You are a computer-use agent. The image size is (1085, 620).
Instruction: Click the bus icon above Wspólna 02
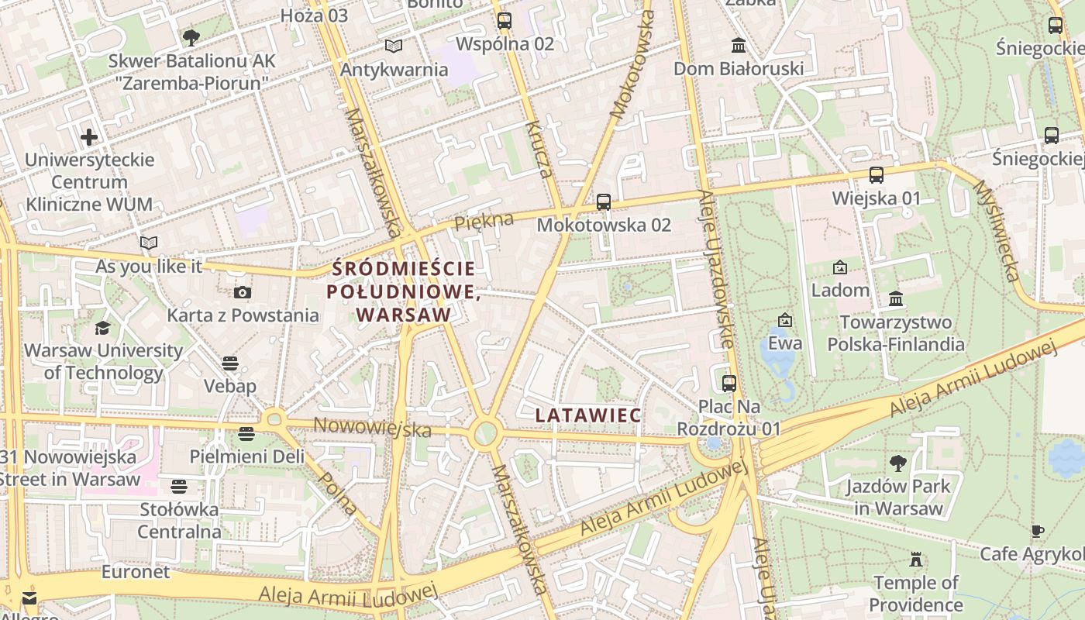[x=505, y=21]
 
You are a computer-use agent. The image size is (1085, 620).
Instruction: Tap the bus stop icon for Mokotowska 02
[x=604, y=202]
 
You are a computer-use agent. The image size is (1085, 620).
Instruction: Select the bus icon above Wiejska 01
[x=877, y=175]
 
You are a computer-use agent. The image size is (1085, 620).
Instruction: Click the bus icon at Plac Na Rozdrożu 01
[x=728, y=383]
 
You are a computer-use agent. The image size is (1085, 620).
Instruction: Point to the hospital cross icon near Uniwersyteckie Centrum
[x=89, y=137]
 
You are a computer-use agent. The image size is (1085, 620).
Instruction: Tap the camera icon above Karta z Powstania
[x=243, y=292]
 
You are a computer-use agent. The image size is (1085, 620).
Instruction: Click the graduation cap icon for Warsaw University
[x=103, y=328]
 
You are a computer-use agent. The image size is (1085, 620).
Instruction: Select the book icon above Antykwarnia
[x=394, y=46]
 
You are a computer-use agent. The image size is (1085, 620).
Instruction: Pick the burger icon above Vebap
[x=230, y=363]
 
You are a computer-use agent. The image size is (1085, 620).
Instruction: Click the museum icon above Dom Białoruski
[x=738, y=46]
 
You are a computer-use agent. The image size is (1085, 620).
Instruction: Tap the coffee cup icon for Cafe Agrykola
[x=1037, y=531]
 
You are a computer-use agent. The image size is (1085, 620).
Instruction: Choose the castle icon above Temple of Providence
[x=916, y=560]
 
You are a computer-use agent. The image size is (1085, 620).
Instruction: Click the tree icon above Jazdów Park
[x=897, y=463]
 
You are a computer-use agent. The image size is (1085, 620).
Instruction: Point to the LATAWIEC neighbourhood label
[x=588, y=415]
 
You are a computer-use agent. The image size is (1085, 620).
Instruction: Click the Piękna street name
[x=484, y=222]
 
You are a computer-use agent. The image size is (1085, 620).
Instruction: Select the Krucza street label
[x=539, y=150]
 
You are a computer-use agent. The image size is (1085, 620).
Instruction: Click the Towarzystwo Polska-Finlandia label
[x=895, y=333]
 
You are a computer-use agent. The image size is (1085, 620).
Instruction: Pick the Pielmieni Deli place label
[x=247, y=456]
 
